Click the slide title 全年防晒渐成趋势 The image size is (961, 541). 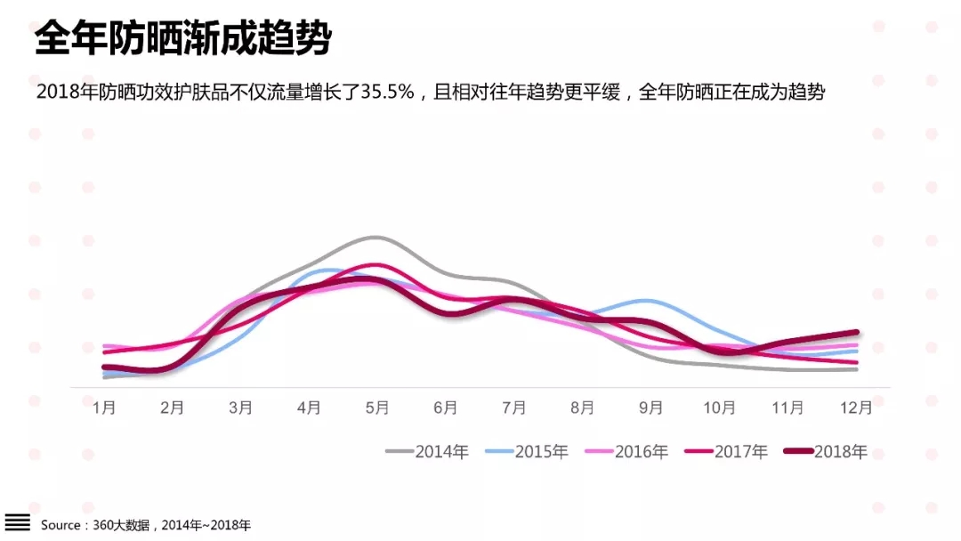[182, 39]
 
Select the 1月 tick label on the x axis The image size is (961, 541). [104, 408]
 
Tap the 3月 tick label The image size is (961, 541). [240, 408]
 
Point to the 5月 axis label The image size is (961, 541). [377, 408]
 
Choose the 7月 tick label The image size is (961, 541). [513, 408]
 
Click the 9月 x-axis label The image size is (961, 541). [650, 408]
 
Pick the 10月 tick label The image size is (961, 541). [718, 408]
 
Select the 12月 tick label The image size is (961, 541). [855, 408]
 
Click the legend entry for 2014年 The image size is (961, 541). [427, 452]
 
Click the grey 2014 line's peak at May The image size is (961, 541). [376, 238]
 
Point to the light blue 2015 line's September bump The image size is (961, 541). [647, 301]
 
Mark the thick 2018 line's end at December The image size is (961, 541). [856, 333]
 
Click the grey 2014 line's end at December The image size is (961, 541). [856, 368]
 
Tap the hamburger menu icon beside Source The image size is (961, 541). [18, 522]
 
